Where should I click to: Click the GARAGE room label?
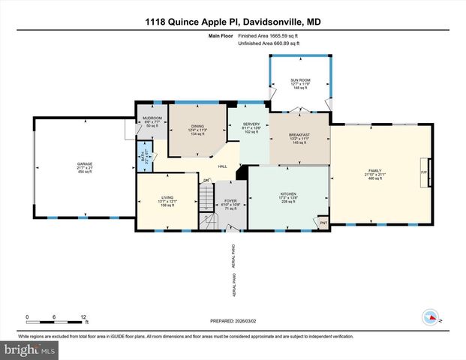[x=84, y=163]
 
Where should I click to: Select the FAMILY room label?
[x=374, y=169]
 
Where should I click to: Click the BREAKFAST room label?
[x=299, y=134]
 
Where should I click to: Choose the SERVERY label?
[x=251, y=124]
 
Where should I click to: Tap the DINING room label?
[x=197, y=126]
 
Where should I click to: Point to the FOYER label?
[x=230, y=200]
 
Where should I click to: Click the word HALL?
[x=222, y=166]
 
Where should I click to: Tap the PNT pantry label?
[x=323, y=223]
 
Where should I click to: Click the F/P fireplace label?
[x=423, y=173]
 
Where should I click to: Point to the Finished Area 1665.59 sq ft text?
[x=269, y=36]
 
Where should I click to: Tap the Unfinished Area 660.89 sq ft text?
[x=269, y=44]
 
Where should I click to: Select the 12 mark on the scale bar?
[x=84, y=316]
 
